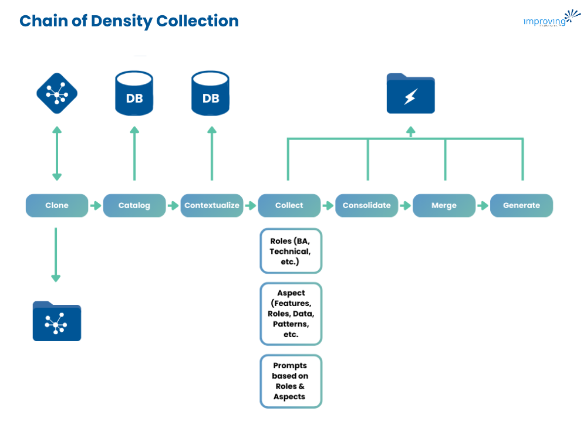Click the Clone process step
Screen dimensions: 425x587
(57, 206)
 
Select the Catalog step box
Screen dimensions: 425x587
(134, 206)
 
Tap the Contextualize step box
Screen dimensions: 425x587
(212, 206)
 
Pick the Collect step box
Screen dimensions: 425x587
(289, 206)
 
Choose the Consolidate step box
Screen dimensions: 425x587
(367, 206)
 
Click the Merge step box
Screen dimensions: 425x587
(444, 206)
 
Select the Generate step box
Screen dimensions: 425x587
(521, 206)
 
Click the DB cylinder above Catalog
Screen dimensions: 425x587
(134, 93)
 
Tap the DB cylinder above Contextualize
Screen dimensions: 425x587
(211, 93)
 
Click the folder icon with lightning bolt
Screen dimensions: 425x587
(410, 94)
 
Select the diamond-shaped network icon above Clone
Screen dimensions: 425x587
(57, 93)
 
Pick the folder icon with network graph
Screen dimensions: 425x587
(57, 321)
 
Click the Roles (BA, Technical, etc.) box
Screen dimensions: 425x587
(291, 251)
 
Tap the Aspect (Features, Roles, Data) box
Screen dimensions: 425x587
(291, 314)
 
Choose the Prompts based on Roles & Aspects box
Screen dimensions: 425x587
(291, 381)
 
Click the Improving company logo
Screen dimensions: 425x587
(551, 19)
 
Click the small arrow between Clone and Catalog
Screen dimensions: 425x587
(96, 206)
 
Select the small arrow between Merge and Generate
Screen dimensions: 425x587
(483, 206)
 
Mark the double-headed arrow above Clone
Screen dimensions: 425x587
(57, 153)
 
